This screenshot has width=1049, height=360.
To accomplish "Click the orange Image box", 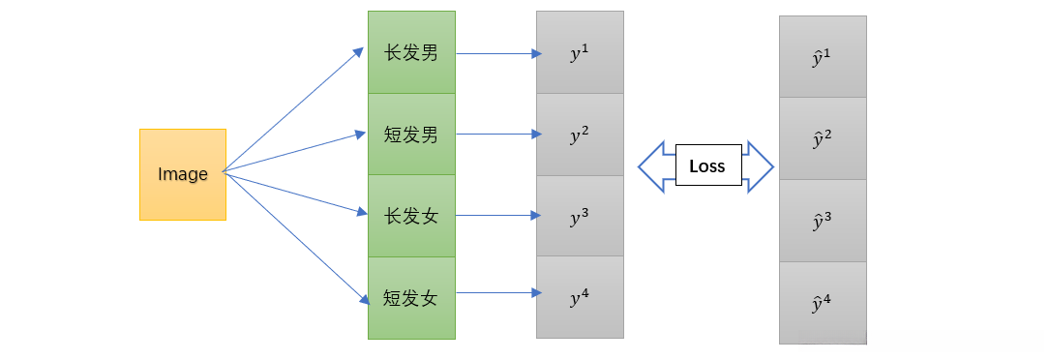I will click(183, 174).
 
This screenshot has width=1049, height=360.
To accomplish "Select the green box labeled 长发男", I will click(411, 52).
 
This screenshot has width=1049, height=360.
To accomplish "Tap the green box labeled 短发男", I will click(411, 135).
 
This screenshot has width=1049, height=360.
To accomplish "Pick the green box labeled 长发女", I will click(411, 216).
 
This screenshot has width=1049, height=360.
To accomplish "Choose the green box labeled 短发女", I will click(411, 297).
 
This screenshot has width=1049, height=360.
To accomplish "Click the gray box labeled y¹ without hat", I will click(580, 52).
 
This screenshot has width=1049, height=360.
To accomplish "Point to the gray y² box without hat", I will click(580, 135).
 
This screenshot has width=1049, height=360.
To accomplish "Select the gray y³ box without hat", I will click(580, 216).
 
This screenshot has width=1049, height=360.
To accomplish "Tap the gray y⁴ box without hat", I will click(580, 297).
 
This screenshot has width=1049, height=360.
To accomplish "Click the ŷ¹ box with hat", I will click(823, 57).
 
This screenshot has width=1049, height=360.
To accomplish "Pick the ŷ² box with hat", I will click(823, 138).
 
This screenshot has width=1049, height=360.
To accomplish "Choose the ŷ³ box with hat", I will click(823, 221).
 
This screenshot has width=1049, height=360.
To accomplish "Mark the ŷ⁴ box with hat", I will click(823, 302).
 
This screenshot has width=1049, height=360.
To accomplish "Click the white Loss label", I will click(706, 166).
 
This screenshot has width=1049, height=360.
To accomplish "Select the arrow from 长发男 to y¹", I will click(497, 54).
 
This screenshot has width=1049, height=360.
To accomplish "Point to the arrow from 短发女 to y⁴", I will click(497, 292).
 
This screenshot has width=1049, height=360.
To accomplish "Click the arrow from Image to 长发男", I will click(293, 111).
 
